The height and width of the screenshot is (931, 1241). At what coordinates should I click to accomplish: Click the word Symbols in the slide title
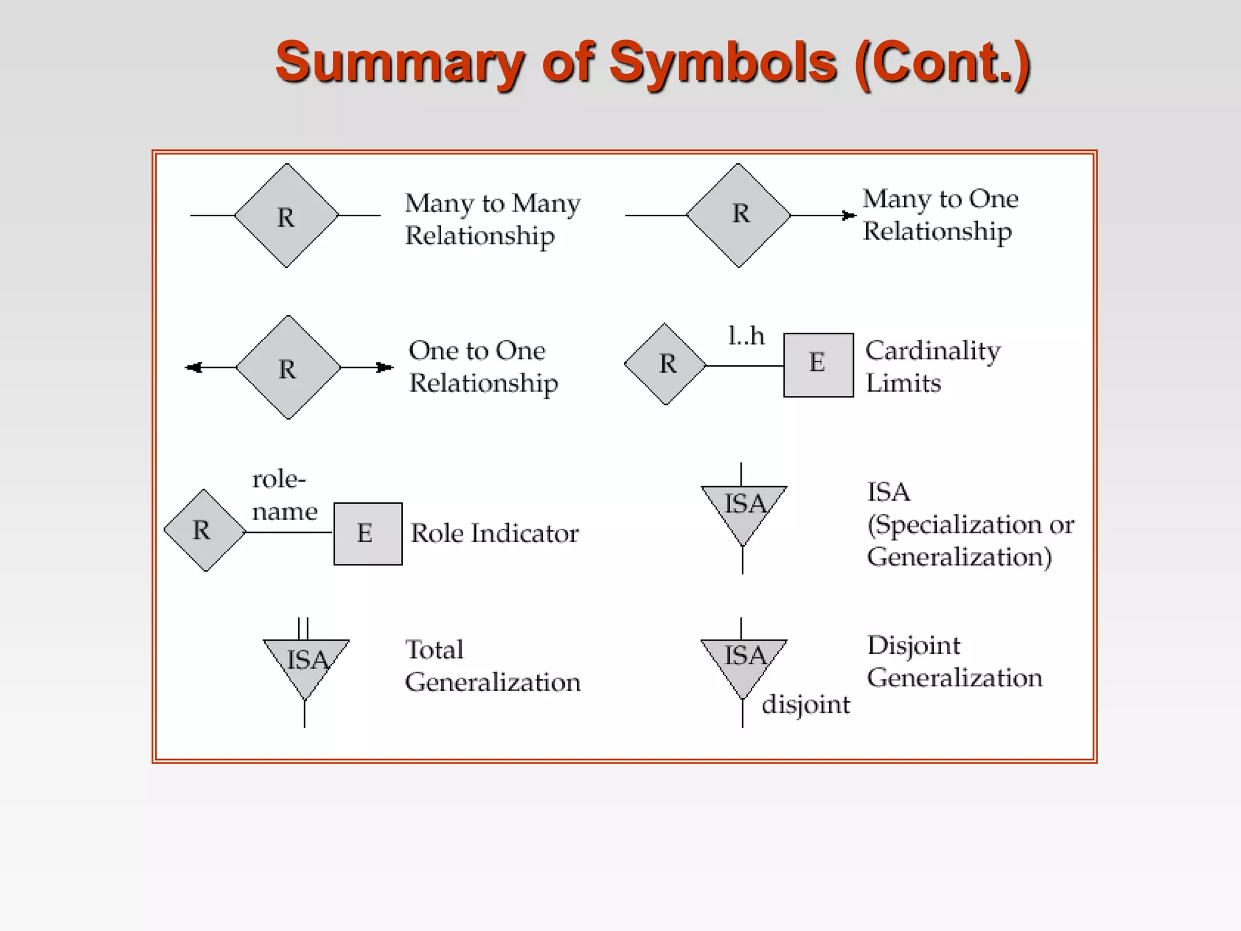(722, 63)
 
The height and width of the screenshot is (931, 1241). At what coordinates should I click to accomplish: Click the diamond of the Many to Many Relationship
(287, 216)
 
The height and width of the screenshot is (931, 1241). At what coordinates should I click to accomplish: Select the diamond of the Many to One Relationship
(738, 215)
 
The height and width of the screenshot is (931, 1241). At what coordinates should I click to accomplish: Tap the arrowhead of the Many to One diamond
(849, 215)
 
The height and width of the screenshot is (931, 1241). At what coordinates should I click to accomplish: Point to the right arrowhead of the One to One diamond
(384, 367)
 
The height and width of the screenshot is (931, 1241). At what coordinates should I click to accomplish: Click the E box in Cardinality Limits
(818, 365)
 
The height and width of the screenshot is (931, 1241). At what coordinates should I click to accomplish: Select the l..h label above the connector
(746, 336)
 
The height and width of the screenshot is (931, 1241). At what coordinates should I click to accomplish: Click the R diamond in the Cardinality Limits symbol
(665, 364)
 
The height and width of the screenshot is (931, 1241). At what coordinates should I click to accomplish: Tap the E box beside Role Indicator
(368, 533)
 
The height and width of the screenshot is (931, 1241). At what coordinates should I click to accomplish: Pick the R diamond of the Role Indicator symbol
(205, 530)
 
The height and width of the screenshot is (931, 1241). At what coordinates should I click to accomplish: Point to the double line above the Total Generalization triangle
(304, 628)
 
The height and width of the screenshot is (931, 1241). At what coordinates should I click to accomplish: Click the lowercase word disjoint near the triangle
(805, 705)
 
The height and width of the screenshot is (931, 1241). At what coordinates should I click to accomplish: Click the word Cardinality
(933, 351)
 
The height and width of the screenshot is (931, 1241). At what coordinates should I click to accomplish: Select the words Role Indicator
(494, 533)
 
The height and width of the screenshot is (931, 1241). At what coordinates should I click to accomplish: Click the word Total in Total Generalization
(434, 650)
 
